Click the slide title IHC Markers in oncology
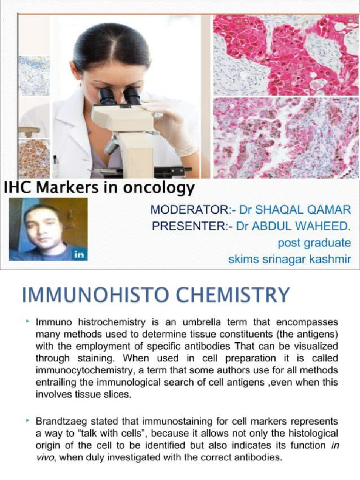coord(99,188)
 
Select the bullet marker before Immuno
coord(28,322)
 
